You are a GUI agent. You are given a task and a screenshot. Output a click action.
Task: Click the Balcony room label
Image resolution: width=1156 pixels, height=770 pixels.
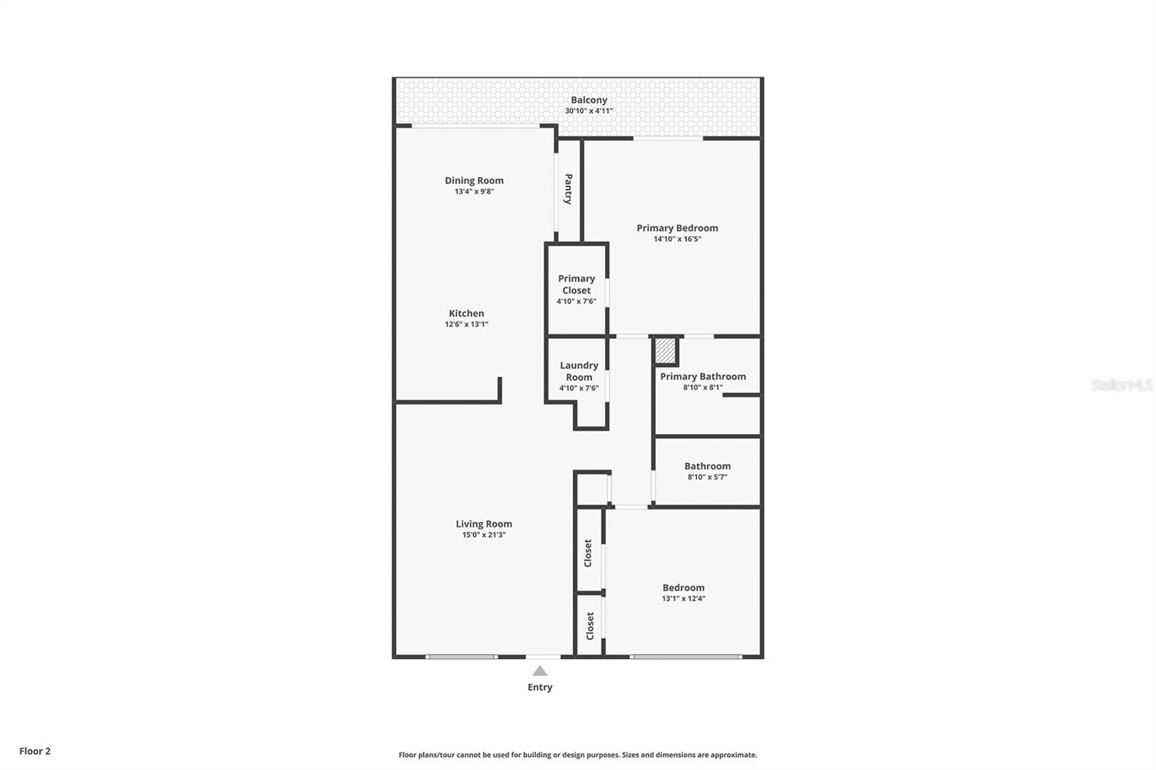point(589,100)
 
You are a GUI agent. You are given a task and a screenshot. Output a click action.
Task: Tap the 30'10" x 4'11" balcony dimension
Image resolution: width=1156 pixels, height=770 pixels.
point(589,111)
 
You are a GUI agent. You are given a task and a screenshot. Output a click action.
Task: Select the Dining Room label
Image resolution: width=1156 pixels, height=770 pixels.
point(474,181)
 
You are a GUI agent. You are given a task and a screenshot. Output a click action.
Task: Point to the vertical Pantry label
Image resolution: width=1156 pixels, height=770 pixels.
point(569,189)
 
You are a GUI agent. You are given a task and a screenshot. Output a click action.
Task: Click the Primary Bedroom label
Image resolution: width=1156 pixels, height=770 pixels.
point(677,228)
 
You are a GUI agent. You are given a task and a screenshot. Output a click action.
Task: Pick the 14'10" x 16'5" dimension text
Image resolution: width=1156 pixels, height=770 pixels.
point(677,239)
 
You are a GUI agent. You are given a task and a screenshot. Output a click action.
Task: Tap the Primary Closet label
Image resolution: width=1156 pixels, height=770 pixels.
point(577,285)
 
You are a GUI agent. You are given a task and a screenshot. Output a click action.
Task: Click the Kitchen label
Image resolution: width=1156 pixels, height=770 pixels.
point(466,313)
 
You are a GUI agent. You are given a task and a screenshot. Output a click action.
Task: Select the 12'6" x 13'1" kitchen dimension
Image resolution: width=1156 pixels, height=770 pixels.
point(466,325)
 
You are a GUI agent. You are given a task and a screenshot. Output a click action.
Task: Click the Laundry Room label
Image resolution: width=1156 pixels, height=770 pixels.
point(579,371)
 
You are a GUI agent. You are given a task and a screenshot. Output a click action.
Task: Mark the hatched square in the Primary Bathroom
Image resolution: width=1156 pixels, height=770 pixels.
point(665,352)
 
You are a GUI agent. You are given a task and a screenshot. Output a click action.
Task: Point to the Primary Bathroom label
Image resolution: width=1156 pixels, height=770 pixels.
point(702,376)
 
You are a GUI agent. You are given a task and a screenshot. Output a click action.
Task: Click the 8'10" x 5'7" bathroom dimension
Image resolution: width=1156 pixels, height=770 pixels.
point(707,477)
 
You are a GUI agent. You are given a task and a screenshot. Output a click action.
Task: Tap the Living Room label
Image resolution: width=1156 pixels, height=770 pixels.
point(483,524)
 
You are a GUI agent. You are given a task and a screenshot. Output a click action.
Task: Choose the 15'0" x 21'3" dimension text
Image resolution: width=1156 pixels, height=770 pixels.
point(483,535)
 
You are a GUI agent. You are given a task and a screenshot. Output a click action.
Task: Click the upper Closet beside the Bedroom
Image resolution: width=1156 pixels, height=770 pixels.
point(588,553)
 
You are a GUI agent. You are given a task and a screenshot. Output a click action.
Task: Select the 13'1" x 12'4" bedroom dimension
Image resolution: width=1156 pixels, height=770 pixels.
point(683,599)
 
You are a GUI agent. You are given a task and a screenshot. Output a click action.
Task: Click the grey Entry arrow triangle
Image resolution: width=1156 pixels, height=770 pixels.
point(540,671)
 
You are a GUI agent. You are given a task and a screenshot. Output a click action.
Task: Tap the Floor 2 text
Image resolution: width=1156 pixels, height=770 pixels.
point(35,751)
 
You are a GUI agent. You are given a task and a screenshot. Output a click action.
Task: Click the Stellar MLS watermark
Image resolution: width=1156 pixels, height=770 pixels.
point(1121,385)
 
